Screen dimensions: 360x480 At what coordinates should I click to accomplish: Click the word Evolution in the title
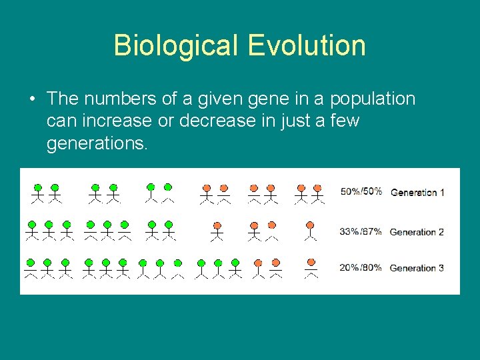coord(307,46)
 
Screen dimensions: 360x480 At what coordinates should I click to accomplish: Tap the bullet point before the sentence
coord(32,100)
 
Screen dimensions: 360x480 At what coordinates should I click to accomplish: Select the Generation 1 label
coord(417,193)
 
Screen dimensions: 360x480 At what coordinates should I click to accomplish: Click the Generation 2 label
coord(417,232)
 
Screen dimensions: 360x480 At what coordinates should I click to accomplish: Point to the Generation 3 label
coord(417,268)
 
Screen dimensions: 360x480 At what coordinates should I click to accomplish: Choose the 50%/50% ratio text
coord(361,192)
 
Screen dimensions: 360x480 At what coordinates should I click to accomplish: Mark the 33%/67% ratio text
coord(361,232)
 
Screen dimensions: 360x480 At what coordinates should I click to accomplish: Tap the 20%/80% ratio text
coord(361,268)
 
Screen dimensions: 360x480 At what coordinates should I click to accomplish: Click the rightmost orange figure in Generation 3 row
coord(310,267)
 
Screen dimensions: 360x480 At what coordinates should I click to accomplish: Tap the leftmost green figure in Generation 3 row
coord(31,267)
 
